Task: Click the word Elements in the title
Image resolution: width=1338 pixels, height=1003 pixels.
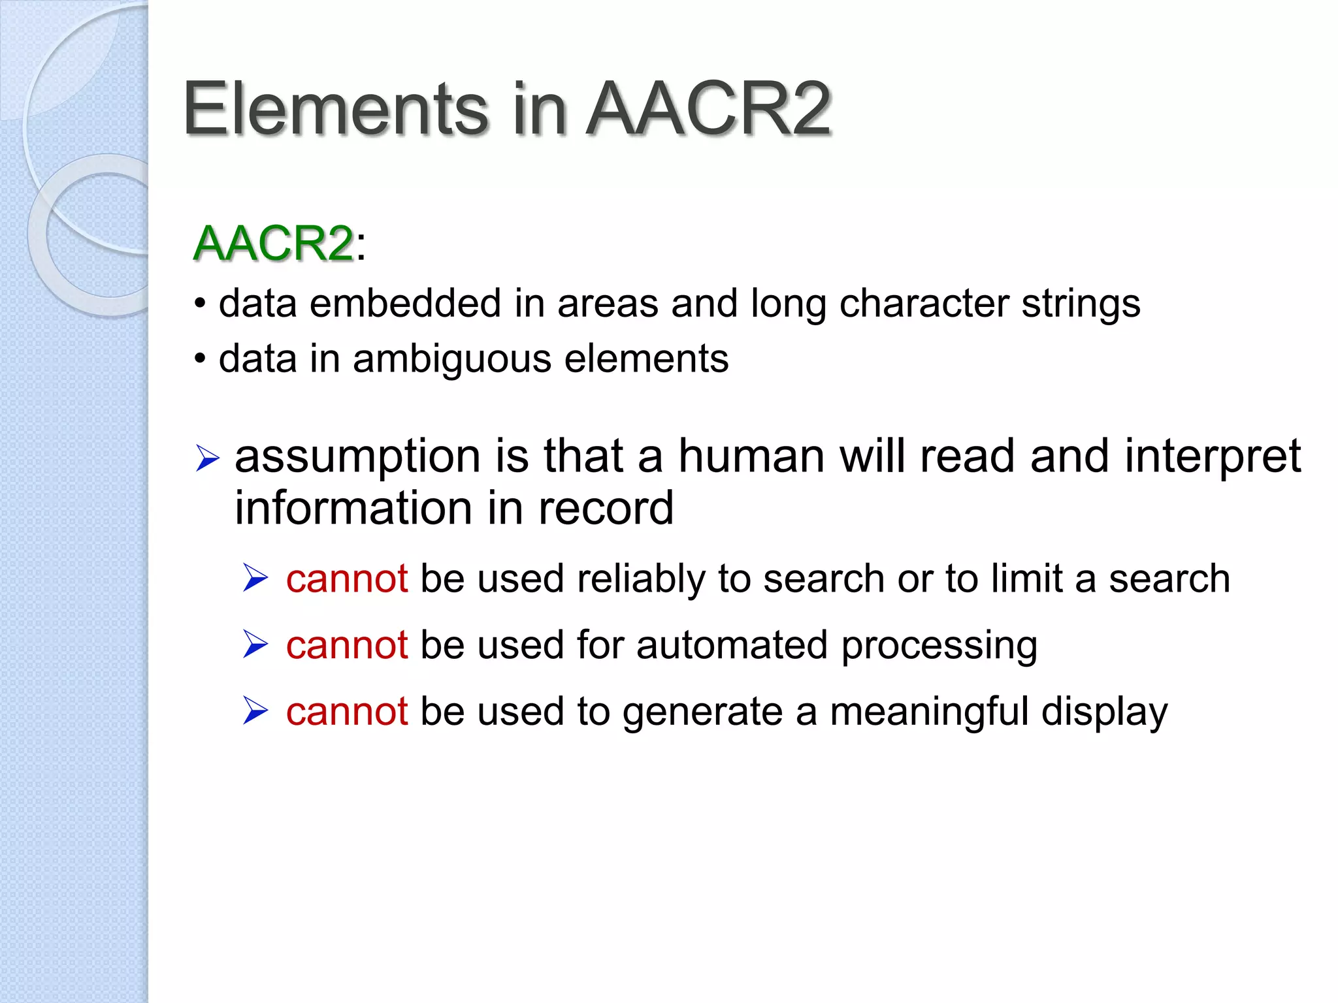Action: coord(335,109)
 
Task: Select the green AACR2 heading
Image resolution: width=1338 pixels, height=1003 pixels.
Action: coord(274,244)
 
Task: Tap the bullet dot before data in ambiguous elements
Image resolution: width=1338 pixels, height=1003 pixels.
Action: coord(201,358)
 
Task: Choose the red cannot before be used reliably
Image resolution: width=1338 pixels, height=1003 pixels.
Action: coord(347,579)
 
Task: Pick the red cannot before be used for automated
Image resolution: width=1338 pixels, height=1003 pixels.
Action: coord(347,645)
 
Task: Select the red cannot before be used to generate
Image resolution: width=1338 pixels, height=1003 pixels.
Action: coord(347,711)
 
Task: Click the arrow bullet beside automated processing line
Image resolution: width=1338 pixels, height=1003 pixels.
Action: coord(255,645)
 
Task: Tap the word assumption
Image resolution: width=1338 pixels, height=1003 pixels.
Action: coord(358,457)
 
